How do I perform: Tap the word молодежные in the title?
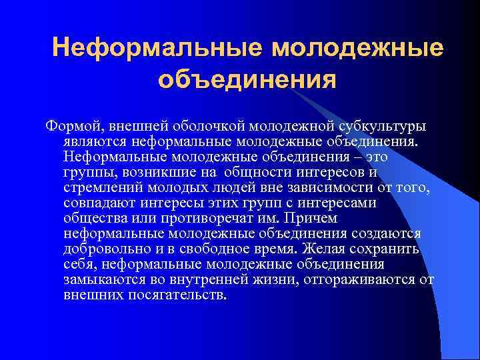pyautogui.click(x=358, y=48)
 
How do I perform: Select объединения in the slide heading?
pyautogui.click(x=247, y=79)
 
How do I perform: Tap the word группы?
pyautogui.click(x=87, y=172)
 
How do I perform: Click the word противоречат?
pyautogui.click(x=235, y=218)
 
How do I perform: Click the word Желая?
pyautogui.click(x=323, y=249)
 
